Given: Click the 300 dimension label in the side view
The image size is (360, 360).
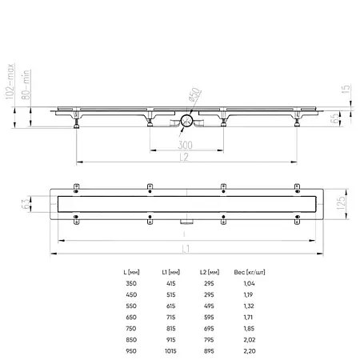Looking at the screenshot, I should (184, 146).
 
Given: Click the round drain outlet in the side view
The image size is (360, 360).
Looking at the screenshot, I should (185, 121).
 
